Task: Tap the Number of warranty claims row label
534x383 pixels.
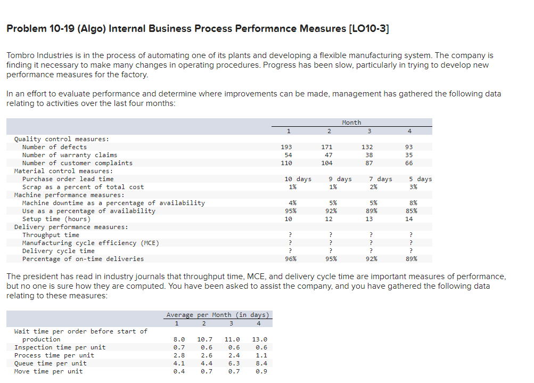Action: pos(69,155)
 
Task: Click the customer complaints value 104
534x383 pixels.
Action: pos(327,163)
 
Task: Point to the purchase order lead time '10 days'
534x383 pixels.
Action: pos(298,179)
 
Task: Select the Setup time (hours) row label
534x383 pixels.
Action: pos(56,219)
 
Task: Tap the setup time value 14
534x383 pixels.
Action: pos(409,219)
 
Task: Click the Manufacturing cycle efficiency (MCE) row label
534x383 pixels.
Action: pos(91,243)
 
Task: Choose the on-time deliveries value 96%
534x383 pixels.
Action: pos(290,259)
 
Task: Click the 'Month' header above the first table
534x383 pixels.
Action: pos(351,123)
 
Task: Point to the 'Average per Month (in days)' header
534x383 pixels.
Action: pos(219,315)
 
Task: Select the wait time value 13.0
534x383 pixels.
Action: pos(259,339)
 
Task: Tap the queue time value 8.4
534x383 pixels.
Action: pos(259,363)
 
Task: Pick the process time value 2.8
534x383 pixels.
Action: pos(180,355)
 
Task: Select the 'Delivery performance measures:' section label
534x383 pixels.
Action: pos(71,227)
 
